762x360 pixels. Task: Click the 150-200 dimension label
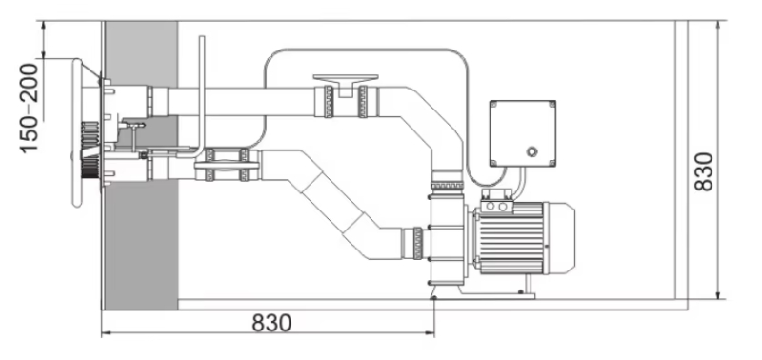coord(30,108)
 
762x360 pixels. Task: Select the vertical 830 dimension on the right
coord(703,171)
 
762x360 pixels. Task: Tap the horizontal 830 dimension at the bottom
coord(271,323)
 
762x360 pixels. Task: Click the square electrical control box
coord(522,133)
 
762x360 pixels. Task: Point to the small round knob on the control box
coord(532,151)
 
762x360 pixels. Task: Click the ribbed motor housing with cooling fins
coord(511,238)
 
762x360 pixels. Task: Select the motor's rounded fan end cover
coord(561,237)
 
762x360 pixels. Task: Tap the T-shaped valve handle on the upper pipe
coord(346,83)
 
